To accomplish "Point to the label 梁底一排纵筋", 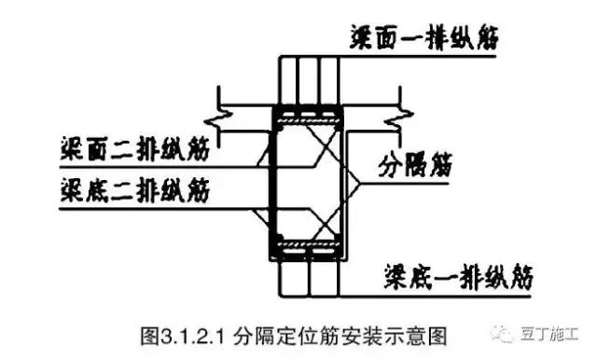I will point(457,275).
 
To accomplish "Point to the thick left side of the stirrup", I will point(272,183).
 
